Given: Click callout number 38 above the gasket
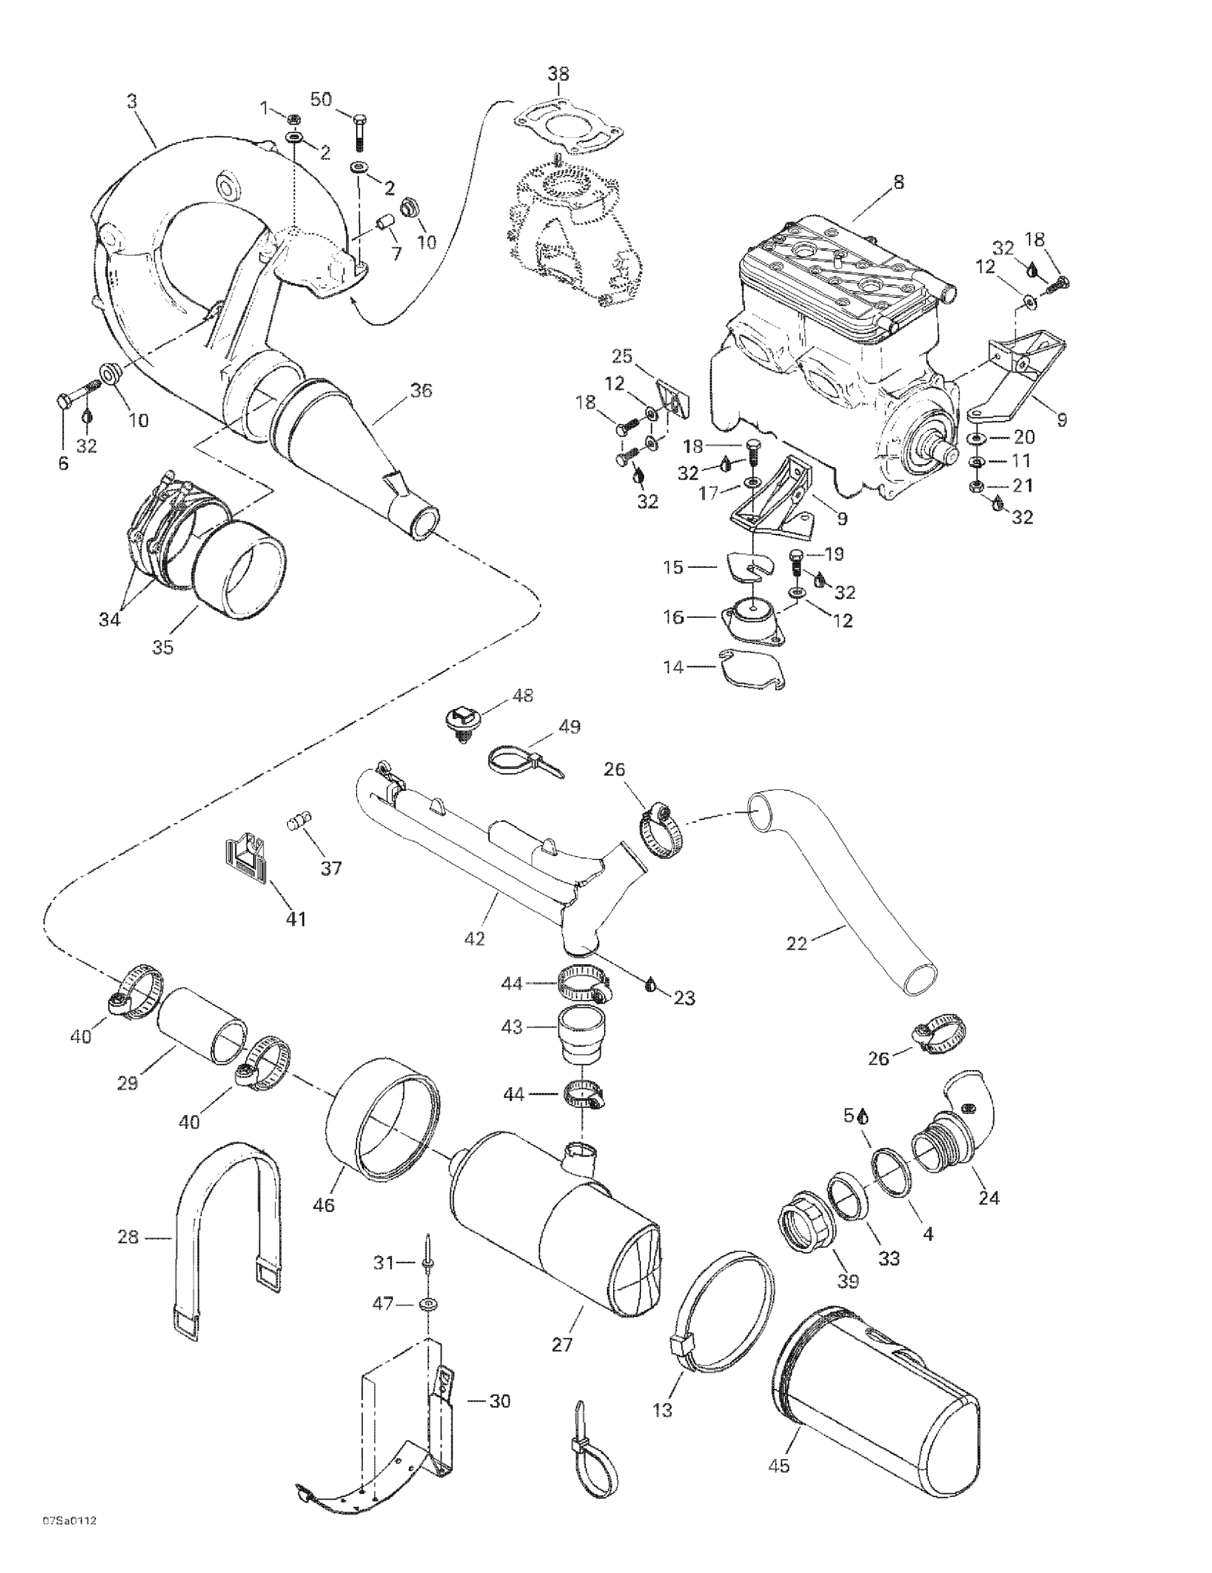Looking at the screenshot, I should [557, 73].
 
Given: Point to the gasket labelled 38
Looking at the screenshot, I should [569, 130].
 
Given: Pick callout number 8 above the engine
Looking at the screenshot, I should [898, 182].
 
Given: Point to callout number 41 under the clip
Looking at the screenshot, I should [296, 919].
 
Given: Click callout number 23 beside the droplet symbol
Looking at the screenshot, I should [684, 998].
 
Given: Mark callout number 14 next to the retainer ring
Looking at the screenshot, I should [673, 667].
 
